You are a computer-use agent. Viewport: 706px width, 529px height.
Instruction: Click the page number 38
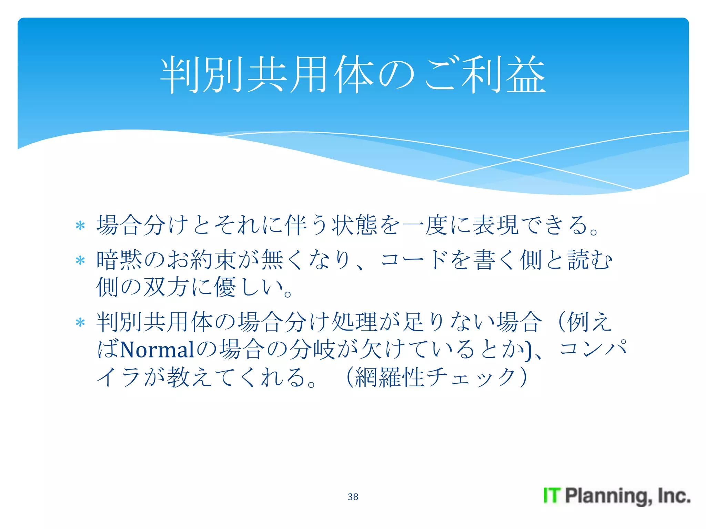coord(353,497)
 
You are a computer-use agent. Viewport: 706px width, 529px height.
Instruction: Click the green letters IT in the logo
coord(552,496)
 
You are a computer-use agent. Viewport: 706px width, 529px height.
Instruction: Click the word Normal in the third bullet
coord(157,350)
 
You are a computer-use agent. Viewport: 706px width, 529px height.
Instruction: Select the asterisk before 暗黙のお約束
coord(80,261)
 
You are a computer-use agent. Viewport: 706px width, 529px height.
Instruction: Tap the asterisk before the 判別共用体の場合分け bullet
coord(80,323)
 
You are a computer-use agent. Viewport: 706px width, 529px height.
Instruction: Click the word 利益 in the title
coord(503,75)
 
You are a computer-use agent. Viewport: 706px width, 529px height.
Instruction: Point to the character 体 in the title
coord(354,75)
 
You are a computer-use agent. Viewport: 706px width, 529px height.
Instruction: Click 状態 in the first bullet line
coord(354,225)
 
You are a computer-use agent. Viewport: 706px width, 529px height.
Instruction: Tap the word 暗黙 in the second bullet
coord(119,260)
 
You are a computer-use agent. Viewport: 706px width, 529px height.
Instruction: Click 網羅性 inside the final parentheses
coord(390,377)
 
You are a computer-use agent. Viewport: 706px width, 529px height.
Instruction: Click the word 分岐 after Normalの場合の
coord(312,349)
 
